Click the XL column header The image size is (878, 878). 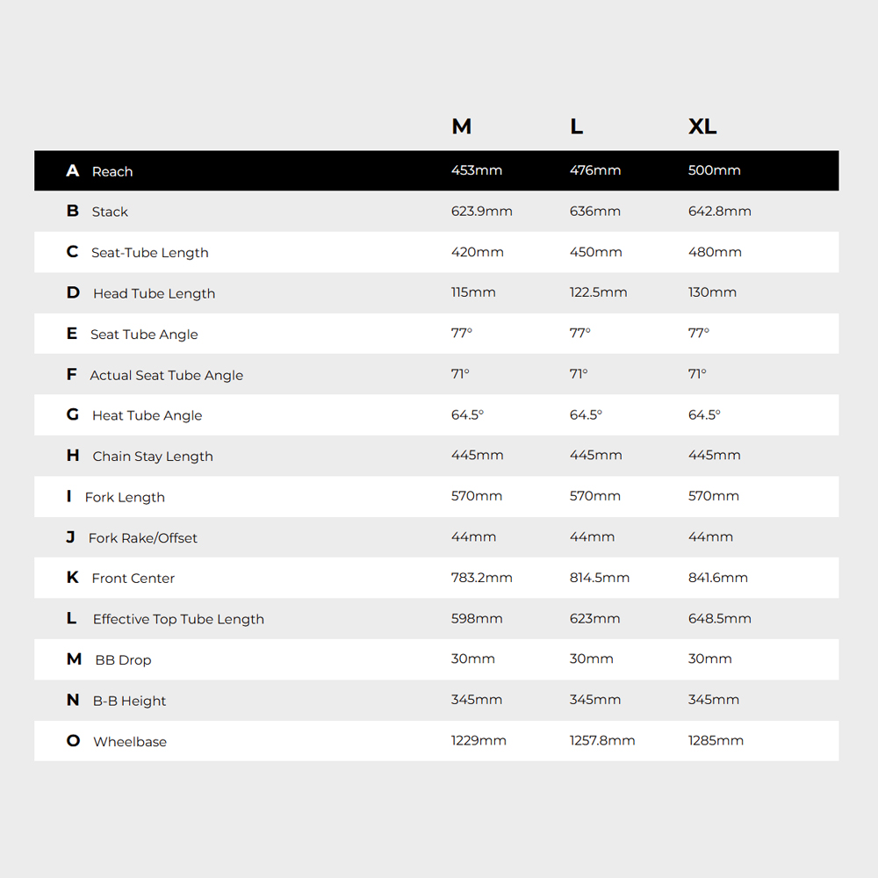pos(702,126)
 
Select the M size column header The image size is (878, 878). pos(462,126)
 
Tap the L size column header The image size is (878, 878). pos(576,126)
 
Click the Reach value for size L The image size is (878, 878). pos(595,170)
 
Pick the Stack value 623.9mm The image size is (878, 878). pos(481,212)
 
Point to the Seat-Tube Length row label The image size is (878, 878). pos(150,253)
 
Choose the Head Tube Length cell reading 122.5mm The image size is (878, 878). pos(598,292)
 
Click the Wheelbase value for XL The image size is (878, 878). pos(716,741)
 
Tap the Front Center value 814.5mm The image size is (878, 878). pos(600,578)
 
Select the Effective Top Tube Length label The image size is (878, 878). pos(178,619)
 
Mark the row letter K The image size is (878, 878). pos(73,578)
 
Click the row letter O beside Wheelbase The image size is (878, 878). pos(73,741)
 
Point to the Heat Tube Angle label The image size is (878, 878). pos(147,415)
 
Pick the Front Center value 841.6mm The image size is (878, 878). pos(718,578)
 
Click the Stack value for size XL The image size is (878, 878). pos(720,212)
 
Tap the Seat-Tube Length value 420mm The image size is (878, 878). pos(478,252)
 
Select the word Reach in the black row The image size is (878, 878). pos(112,171)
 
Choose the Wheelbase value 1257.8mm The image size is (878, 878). pos(602,741)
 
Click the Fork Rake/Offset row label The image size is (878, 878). pos(143,538)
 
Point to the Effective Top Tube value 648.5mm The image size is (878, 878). pos(720,619)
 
